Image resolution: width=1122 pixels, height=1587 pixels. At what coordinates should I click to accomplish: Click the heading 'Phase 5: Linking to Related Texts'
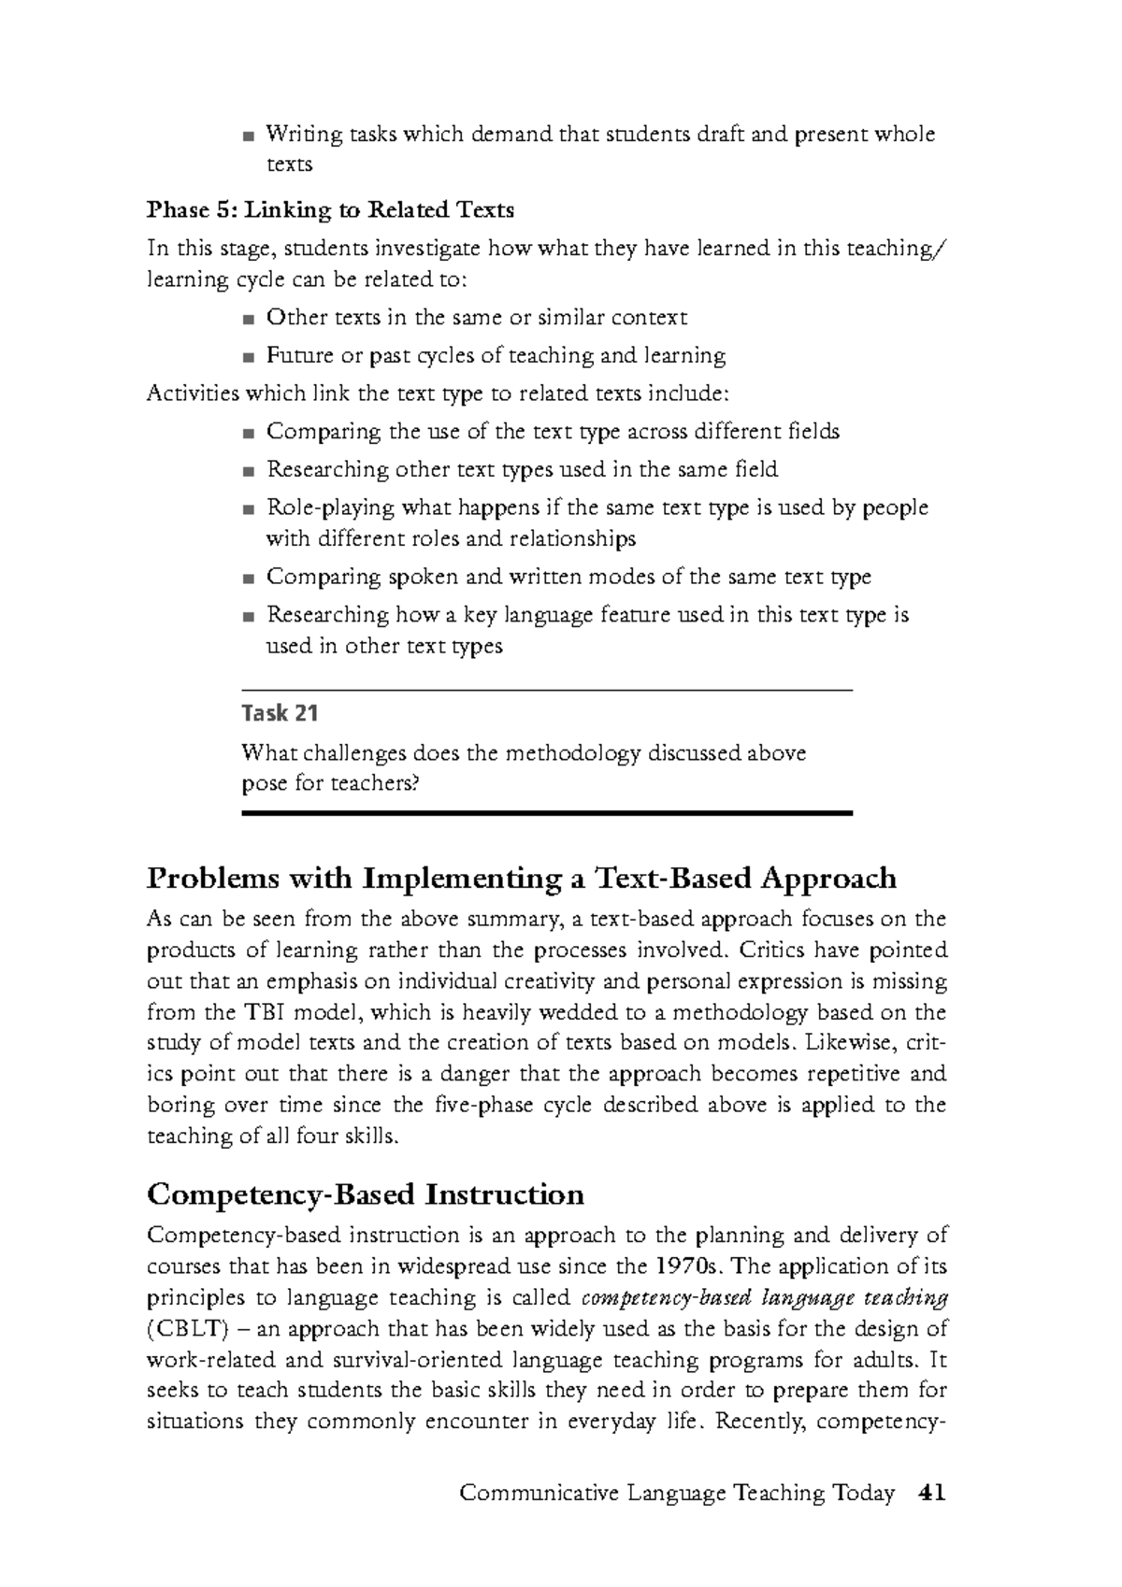pos(330,210)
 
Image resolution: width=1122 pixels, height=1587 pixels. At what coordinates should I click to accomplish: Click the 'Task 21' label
pos(280,714)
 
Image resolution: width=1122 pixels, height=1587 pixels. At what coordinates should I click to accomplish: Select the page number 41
pos(932,1493)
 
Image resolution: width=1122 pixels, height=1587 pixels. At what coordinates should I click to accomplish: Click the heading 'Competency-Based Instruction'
pos(366,1194)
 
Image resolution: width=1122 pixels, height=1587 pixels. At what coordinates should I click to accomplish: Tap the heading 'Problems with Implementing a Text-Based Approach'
pos(522,879)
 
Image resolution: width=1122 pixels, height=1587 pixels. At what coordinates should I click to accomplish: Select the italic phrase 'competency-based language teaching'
pos(764,1298)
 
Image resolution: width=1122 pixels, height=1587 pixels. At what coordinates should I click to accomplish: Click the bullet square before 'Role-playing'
pos(247,510)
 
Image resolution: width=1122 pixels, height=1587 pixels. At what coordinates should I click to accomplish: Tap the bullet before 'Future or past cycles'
pos(247,358)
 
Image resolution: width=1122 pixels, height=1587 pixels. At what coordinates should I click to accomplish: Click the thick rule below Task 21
pos(547,814)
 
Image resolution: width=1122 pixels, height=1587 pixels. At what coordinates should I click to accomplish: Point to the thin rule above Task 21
pos(547,690)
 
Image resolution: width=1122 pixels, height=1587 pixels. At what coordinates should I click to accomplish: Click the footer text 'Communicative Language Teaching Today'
pos(677,1494)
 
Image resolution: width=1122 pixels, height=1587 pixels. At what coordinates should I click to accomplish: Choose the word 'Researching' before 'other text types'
pos(327,469)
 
